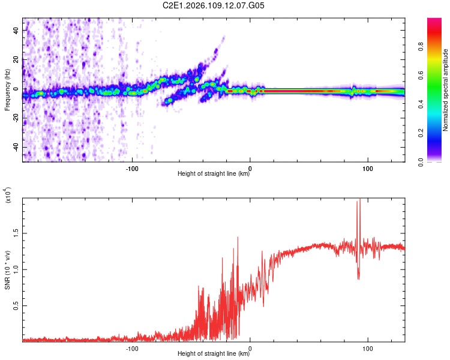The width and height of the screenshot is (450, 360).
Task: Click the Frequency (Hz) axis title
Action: pos(7,90)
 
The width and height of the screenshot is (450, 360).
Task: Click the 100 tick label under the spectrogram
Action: pos(367,168)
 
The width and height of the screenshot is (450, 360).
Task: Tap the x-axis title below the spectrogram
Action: pos(214,174)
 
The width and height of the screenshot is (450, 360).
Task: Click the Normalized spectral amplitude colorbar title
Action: pos(446,90)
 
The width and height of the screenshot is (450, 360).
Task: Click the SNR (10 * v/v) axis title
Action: pos(7,270)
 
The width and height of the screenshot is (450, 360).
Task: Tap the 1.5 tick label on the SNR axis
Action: pos(17,233)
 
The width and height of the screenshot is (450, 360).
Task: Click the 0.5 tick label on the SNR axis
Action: pos(17,305)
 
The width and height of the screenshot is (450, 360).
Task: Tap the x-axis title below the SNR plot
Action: pos(214,354)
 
